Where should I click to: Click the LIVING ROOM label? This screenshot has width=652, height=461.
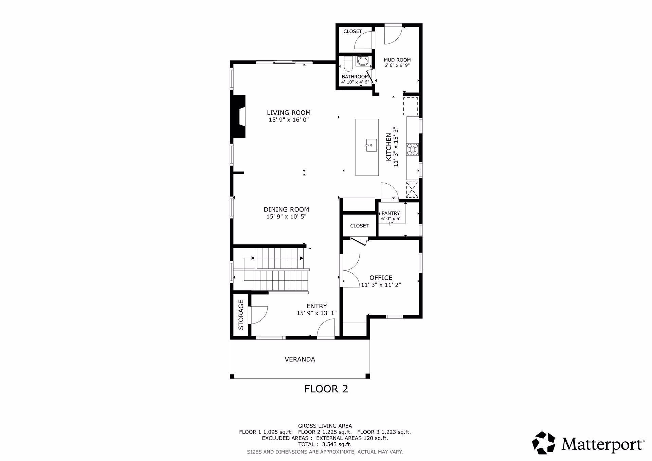[289, 113]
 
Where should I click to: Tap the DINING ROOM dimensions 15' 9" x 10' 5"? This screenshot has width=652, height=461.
[286, 217]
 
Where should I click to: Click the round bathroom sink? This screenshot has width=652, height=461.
[362, 61]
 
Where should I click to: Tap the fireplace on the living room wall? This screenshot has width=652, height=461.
[239, 117]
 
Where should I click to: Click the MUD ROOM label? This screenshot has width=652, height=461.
[397, 60]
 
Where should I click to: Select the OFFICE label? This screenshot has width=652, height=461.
[381, 278]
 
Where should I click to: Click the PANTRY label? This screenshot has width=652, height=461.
[391, 213]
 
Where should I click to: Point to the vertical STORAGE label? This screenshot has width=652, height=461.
[241, 315]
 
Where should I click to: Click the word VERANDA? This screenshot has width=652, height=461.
[300, 359]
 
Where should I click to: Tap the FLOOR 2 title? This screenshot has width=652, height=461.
[326, 389]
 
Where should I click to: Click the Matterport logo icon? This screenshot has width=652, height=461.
[543, 443]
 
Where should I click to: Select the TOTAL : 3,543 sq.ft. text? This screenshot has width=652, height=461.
[325, 444]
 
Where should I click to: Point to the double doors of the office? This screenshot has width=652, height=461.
[351, 270]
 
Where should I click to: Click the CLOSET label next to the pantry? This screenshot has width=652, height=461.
[359, 226]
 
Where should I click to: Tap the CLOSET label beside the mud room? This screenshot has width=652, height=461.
[353, 31]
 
